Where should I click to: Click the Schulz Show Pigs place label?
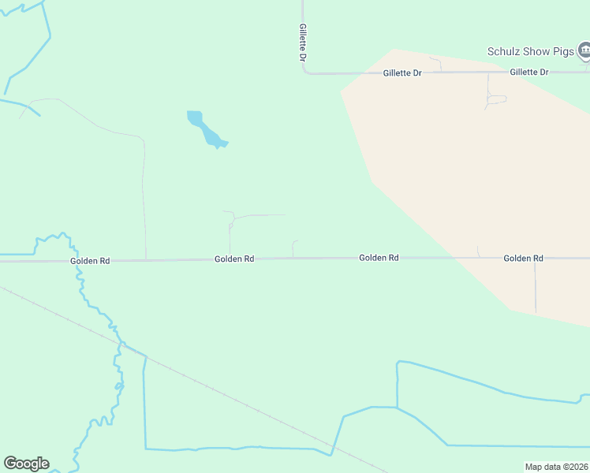(x=530, y=52)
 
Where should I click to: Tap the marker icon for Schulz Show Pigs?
(x=584, y=52)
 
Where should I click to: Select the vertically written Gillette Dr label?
(x=302, y=43)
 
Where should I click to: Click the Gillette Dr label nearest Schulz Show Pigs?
(x=528, y=72)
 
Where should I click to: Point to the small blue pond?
(x=207, y=130)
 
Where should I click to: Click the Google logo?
(x=26, y=464)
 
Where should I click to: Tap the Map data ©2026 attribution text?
(x=556, y=467)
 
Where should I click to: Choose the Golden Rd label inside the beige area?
(x=523, y=258)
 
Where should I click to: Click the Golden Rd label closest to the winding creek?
(x=89, y=260)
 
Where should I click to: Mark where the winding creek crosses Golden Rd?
(x=77, y=260)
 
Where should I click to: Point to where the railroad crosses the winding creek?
(x=122, y=345)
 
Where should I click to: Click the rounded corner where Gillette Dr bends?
(x=305, y=72)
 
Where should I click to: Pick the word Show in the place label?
(x=534, y=52)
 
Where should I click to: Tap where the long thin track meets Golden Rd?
(x=146, y=259)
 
